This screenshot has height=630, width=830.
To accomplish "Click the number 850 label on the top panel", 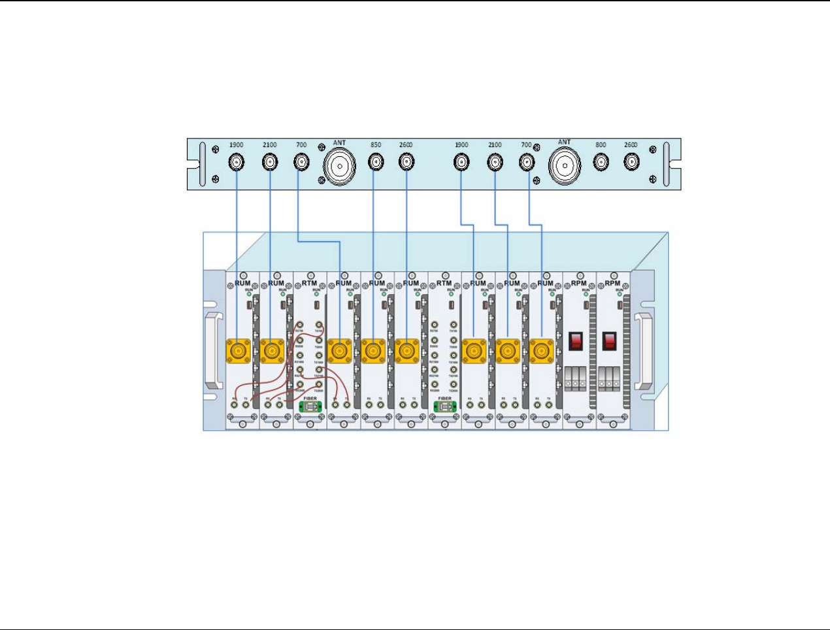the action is (x=376, y=145).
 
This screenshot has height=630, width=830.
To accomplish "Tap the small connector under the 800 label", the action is (x=601, y=162).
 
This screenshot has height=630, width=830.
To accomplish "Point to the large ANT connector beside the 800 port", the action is (x=565, y=165).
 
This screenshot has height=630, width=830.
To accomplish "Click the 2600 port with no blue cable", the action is (x=631, y=162).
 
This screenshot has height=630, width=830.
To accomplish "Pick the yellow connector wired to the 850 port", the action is (x=373, y=351).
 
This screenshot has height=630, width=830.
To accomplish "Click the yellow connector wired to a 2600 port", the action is (x=407, y=351).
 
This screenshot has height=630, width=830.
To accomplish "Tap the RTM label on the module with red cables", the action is (x=309, y=283).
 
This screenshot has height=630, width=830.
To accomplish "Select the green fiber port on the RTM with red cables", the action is (x=310, y=406).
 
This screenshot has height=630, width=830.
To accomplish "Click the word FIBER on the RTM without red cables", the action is (x=445, y=398).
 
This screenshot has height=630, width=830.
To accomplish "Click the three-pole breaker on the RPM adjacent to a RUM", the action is (x=576, y=379).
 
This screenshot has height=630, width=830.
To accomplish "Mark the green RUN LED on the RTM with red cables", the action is (x=316, y=295).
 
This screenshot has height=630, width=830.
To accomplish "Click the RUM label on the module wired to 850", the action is (x=377, y=283).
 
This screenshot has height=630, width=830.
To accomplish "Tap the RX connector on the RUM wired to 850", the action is (x=369, y=405).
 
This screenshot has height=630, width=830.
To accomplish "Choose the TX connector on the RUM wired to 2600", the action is (x=414, y=405).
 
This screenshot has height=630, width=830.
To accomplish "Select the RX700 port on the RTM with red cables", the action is (x=300, y=325).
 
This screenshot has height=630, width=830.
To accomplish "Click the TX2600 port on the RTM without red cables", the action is (x=454, y=385).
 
